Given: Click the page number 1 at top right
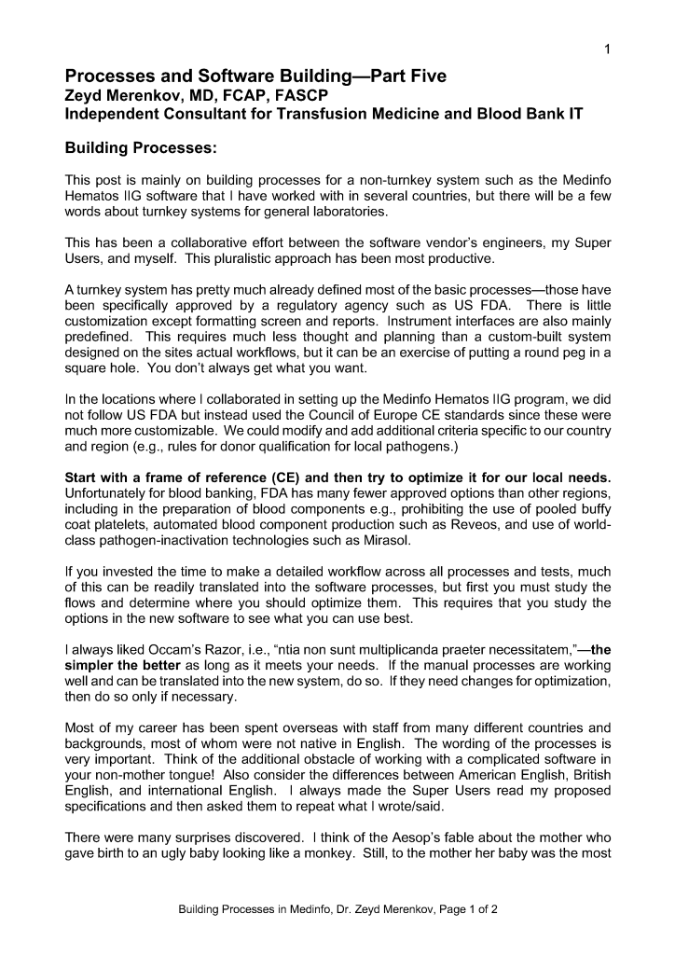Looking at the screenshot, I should pos(606,49).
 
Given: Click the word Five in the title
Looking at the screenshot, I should pos(421,76).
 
